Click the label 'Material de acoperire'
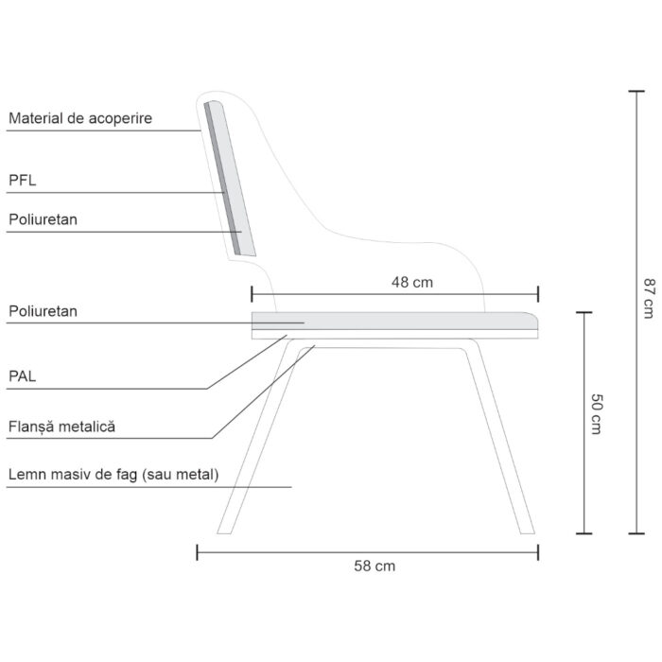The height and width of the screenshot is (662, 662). click(80, 118)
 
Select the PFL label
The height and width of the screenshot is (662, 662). click(23, 181)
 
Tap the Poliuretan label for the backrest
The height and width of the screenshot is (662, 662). click(44, 219)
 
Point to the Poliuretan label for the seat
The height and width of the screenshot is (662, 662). click(44, 311)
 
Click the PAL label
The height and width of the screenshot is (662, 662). click(23, 376)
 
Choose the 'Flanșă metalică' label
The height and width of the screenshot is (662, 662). click(61, 427)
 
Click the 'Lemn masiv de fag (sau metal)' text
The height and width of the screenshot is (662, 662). click(113, 475)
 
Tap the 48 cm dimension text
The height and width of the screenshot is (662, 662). click(412, 282)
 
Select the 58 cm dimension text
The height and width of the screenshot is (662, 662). click(375, 566)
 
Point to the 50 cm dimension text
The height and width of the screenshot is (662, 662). click(596, 414)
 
